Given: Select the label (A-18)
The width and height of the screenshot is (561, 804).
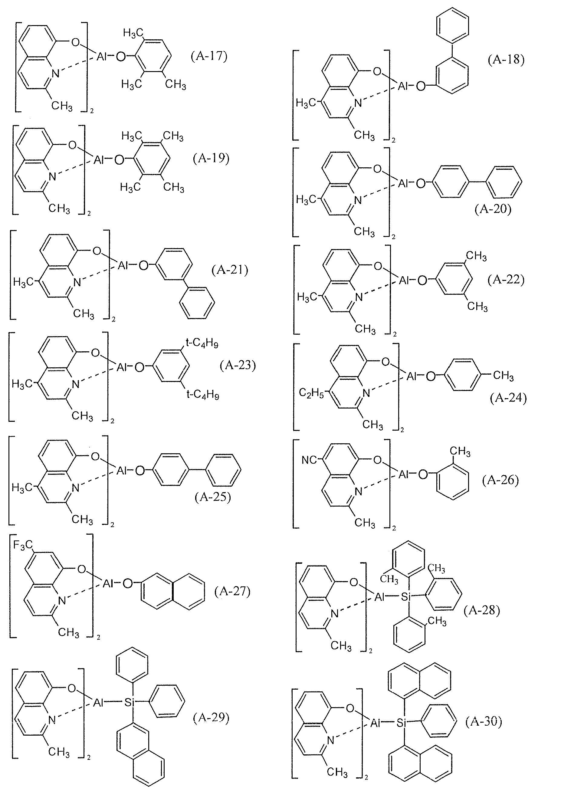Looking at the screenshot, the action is (x=506, y=60).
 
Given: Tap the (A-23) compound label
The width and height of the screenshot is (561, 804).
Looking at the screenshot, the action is (x=238, y=365).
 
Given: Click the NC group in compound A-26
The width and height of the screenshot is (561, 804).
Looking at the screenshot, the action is (x=309, y=460).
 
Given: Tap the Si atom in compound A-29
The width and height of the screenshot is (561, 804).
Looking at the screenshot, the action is (x=129, y=702).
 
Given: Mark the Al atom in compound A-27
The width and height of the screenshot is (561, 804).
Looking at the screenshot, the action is (x=107, y=583).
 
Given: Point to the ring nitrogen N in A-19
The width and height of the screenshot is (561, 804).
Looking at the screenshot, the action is (x=53, y=176).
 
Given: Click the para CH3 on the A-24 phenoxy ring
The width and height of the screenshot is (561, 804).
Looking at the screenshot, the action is (x=503, y=376).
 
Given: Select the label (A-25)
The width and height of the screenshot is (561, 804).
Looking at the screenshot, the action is (x=213, y=497).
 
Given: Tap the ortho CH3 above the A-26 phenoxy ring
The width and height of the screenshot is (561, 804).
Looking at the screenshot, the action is (x=460, y=451).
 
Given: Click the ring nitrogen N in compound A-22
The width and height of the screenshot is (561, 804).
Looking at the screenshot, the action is (x=359, y=297).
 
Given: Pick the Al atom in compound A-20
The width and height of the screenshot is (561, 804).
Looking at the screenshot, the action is (x=403, y=183).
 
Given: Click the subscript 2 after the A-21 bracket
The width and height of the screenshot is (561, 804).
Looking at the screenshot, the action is (x=113, y=319).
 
